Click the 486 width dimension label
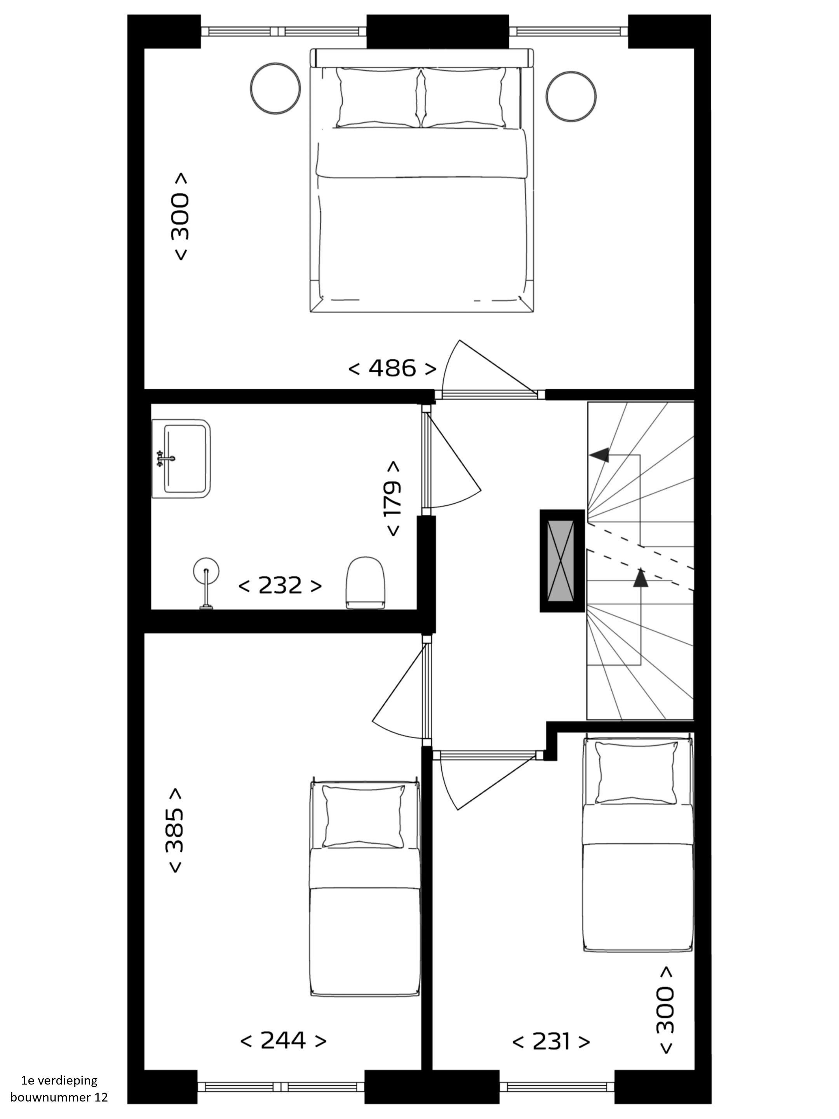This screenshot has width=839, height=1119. [x=392, y=368]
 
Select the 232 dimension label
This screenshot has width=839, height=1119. [x=280, y=586]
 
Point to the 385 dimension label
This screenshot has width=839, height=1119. [x=174, y=830]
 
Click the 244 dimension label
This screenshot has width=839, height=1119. [x=283, y=1041]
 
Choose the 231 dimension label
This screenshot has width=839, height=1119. [x=551, y=1042]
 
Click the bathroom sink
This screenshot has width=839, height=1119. [x=181, y=459]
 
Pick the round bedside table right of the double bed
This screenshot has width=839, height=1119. [x=571, y=96]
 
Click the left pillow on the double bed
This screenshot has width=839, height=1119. [x=378, y=98]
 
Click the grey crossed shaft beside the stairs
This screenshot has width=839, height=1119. [x=562, y=561]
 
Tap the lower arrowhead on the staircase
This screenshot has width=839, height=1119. [x=641, y=578]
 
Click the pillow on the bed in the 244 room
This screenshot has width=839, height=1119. [x=364, y=816]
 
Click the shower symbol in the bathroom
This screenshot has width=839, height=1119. [x=206, y=583]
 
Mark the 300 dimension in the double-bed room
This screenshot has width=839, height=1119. [x=181, y=216]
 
